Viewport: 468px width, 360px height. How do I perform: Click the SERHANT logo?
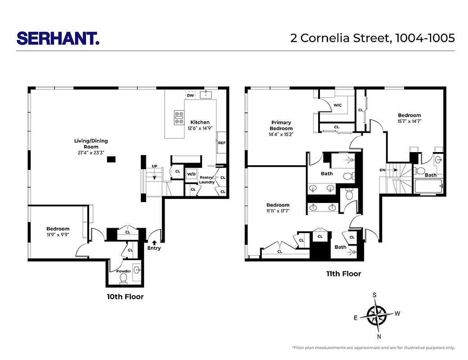[58, 38]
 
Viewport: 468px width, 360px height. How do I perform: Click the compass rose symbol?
[377, 315]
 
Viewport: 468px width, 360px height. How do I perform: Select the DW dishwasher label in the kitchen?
[190, 95]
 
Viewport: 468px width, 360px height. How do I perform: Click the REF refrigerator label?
[221, 143]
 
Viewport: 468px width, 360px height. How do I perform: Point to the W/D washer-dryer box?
[191, 174]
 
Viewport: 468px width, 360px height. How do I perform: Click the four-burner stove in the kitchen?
[179, 117]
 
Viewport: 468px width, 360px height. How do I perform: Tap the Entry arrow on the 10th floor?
[154, 243]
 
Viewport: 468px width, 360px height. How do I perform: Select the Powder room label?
[124, 271]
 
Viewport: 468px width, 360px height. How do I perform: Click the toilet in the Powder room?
[123, 279]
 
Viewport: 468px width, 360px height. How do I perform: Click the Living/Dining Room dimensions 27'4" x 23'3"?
[91, 153]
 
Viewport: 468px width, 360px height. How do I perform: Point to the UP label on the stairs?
[154, 166]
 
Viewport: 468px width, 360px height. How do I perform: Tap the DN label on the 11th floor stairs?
[382, 170]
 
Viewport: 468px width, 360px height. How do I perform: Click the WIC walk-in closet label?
[337, 105]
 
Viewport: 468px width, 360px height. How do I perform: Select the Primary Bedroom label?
[281, 126]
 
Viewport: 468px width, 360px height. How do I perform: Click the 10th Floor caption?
[125, 297]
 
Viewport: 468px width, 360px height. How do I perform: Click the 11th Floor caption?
[344, 274]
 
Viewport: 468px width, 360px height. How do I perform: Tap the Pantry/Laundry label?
[207, 180]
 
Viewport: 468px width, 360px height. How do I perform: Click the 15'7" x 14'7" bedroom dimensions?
[409, 121]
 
